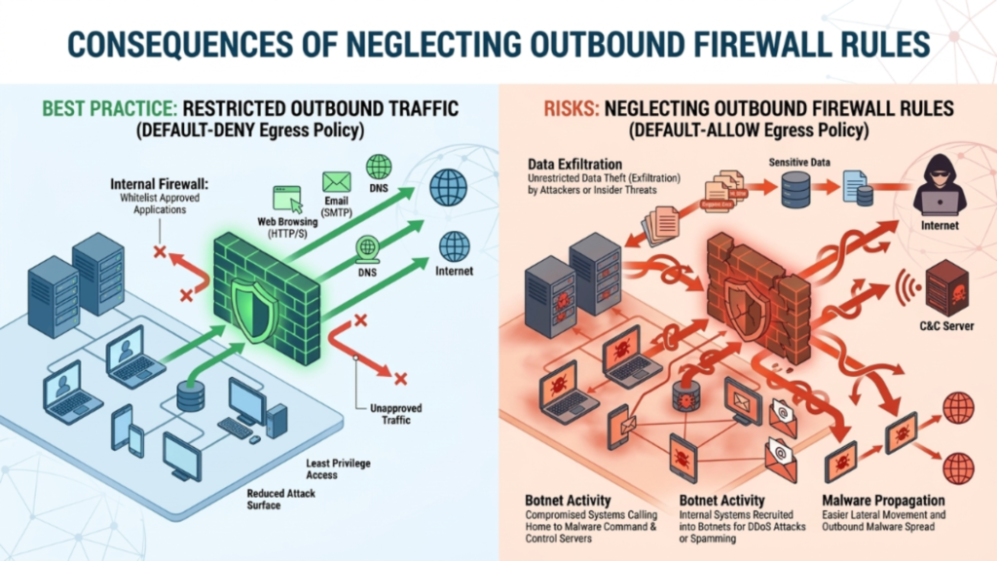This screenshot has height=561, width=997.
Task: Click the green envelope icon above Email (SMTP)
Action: click(x=337, y=181)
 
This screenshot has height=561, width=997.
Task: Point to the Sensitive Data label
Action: click(x=799, y=162)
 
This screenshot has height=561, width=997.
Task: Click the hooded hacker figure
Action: click(x=940, y=184)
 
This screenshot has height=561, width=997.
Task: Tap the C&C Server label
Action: click(x=945, y=325)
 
